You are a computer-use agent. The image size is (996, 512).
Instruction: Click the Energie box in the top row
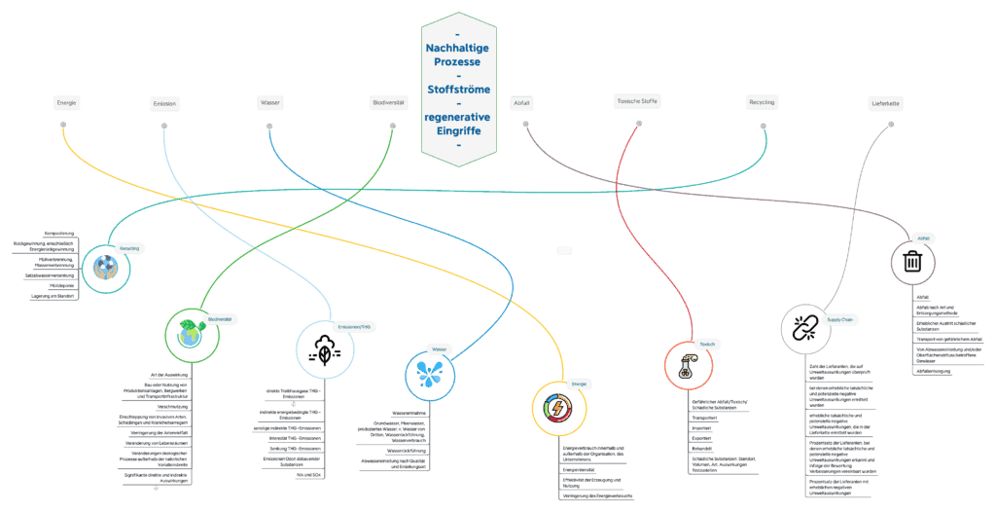66,102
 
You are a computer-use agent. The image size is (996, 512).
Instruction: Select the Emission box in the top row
164,103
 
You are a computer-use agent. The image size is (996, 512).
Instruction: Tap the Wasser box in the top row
269,102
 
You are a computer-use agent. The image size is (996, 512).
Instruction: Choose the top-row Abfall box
522,103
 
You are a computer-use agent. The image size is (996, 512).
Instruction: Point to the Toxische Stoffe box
638,101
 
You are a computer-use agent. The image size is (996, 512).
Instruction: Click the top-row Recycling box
762,102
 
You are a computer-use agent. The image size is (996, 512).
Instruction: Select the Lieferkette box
886,103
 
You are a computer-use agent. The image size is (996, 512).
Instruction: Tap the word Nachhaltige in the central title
458,48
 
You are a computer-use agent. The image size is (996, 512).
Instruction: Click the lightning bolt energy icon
558,408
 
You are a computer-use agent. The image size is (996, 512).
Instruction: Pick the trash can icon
912,263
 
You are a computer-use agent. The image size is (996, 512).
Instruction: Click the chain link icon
807,329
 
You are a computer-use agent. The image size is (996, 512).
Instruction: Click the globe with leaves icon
192,336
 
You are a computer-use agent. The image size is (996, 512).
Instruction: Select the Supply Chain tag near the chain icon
840,319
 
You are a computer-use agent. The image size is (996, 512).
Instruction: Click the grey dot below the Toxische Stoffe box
639,124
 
